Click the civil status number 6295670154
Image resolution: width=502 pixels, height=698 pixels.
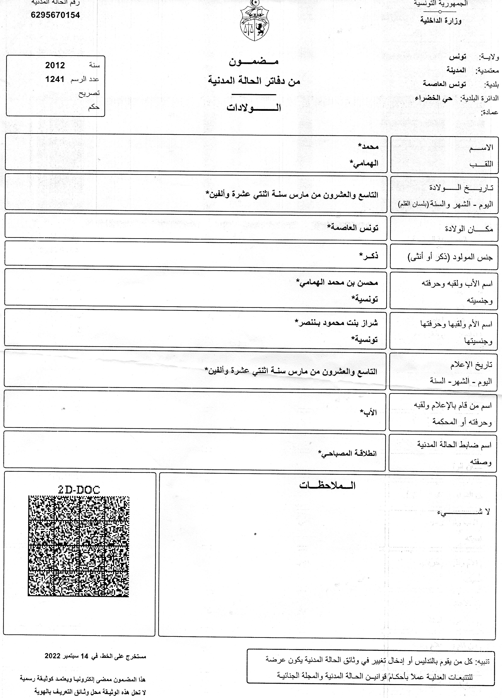[x=55, y=15]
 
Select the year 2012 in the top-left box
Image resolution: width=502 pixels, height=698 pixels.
[x=55, y=65]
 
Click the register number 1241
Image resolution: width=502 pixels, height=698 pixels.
[x=55, y=79]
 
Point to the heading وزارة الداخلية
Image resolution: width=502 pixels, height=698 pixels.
[x=441, y=21]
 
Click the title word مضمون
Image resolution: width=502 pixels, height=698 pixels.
[x=254, y=61]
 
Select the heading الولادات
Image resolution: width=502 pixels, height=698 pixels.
[x=254, y=108]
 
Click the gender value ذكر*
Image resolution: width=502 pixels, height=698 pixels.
[x=369, y=256]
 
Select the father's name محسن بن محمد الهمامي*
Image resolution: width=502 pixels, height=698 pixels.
[x=337, y=282]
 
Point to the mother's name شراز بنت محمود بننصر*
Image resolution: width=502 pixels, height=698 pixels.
[x=336, y=323]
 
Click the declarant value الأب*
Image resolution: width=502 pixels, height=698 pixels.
[x=369, y=412]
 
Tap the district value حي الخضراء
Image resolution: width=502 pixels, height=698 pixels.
[x=434, y=98]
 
